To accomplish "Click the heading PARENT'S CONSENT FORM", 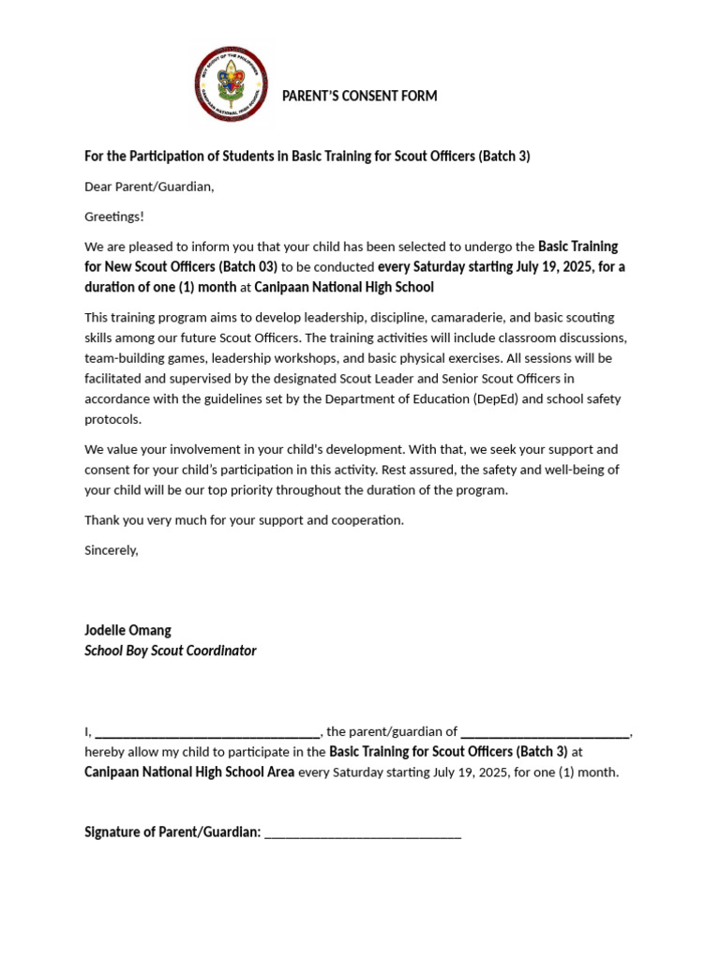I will pos(360,97).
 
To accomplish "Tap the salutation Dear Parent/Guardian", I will pos(149,187).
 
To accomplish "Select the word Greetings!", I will pos(114,217).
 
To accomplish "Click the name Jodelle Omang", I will pos(127,630).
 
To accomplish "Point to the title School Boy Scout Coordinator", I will pos(170,651).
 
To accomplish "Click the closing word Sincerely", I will pos(111,550).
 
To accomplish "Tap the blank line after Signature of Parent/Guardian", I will pos(363,832).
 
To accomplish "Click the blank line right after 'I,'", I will pos(207,732).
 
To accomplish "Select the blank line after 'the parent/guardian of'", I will pos(546,732).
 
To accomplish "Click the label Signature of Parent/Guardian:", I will pos(172,832).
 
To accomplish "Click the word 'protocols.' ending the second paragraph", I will pos(112,420).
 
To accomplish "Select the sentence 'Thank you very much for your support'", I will pos(244,520).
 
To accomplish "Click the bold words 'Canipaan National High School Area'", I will pos(189,772).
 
